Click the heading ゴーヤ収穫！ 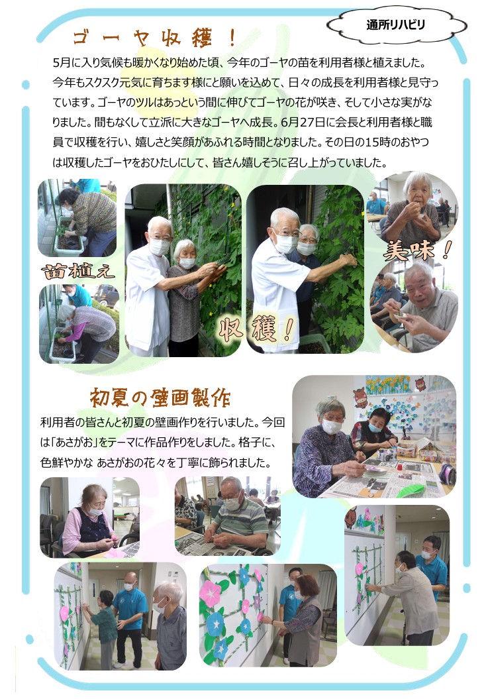154,39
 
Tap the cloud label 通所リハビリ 395,25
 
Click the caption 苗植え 77,271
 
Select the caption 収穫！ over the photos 257,329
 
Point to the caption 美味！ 417,250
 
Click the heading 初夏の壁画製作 160,397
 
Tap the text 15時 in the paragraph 377,142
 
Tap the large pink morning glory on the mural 209,594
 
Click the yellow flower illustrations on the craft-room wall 388,384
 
